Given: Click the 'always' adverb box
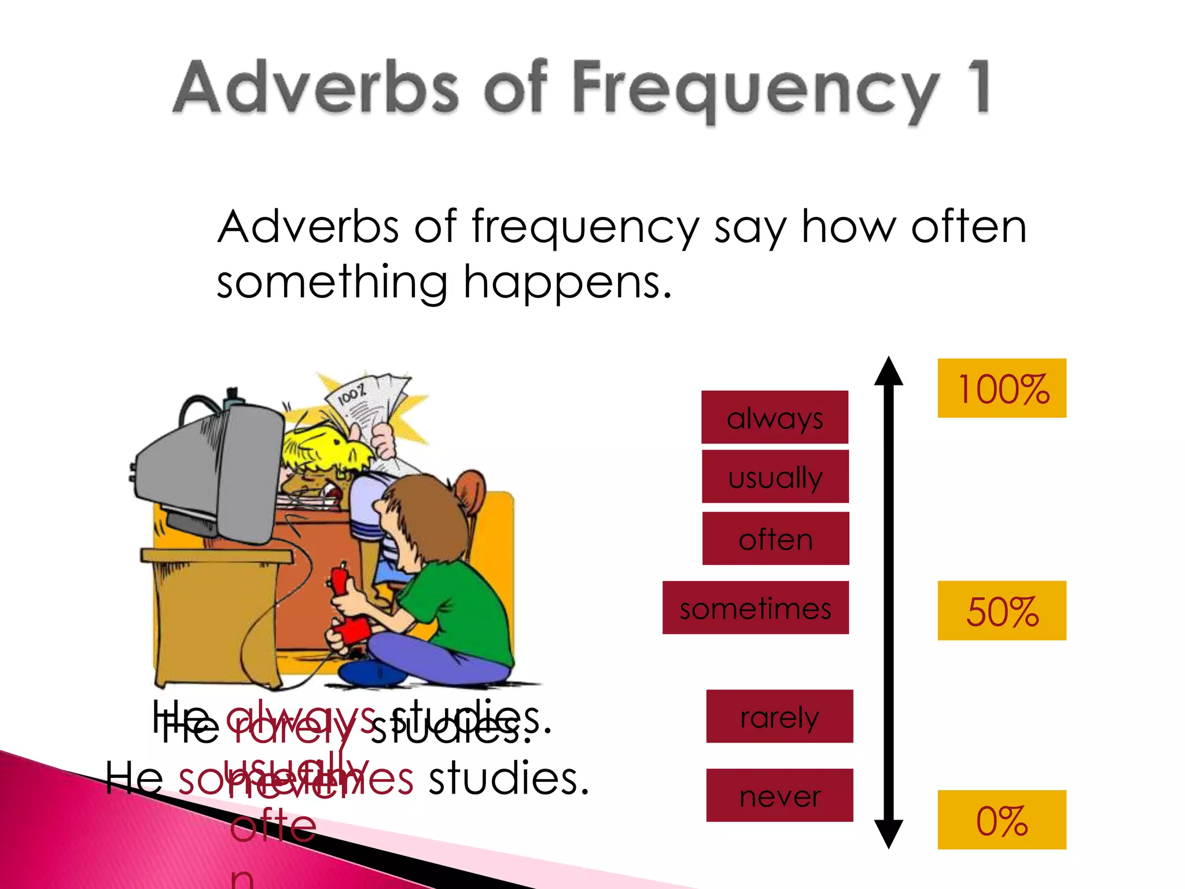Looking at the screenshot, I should pyautogui.click(x=775, y=417).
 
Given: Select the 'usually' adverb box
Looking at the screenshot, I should pyautogui.click(x=775, y=477).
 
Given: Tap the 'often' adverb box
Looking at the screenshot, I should pyautogui.click(x=775, y=539).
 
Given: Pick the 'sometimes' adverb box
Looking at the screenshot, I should pyautogui.click(x=755, y=608).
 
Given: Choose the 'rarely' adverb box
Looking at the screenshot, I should pyautogui.click(x=779, y=717).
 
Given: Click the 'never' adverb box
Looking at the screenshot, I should pyautogui.click(x=779, y=795).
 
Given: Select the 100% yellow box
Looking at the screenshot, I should pyautogui.click(x=1002, y=388).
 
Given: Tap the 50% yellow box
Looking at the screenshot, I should pyautogui.click(x=1002, y=611).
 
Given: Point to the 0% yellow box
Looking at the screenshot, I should pyautogui.click(x=1002, y=820).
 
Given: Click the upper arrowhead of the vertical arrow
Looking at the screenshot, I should pyautogui.click(x=889, y=372).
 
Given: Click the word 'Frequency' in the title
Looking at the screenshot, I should pyautogui.click(x=755, y=90).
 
